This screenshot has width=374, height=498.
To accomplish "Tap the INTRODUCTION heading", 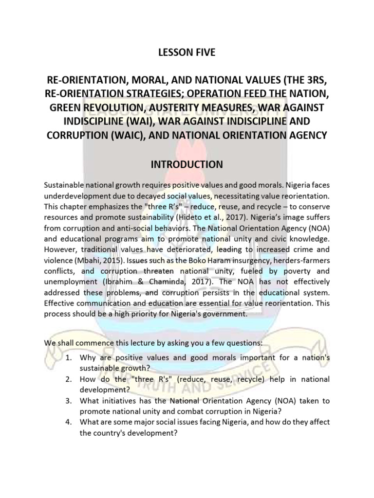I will (x=187, y=165).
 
